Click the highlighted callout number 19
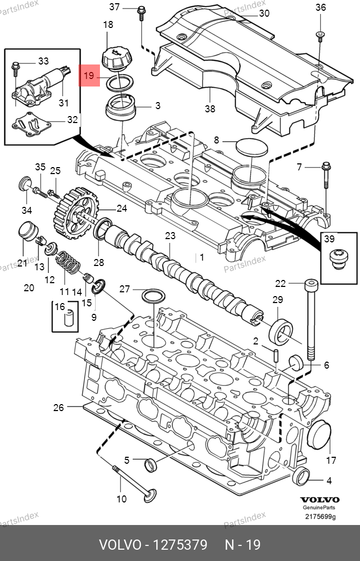(x=89, y=75)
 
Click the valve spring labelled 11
(x=68, y=262)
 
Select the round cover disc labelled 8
(x=252, y=148)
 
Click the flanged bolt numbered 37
(x=141, y=13)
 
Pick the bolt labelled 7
(x=326, y=175)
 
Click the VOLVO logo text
(x=320, y=500)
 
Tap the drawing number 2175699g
(x=320, y=516)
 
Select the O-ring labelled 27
(x=154, y=296)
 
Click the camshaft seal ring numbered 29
(x=281, y=330)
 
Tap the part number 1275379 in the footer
(x=180, y=545)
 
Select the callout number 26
(x=59, y=407)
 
